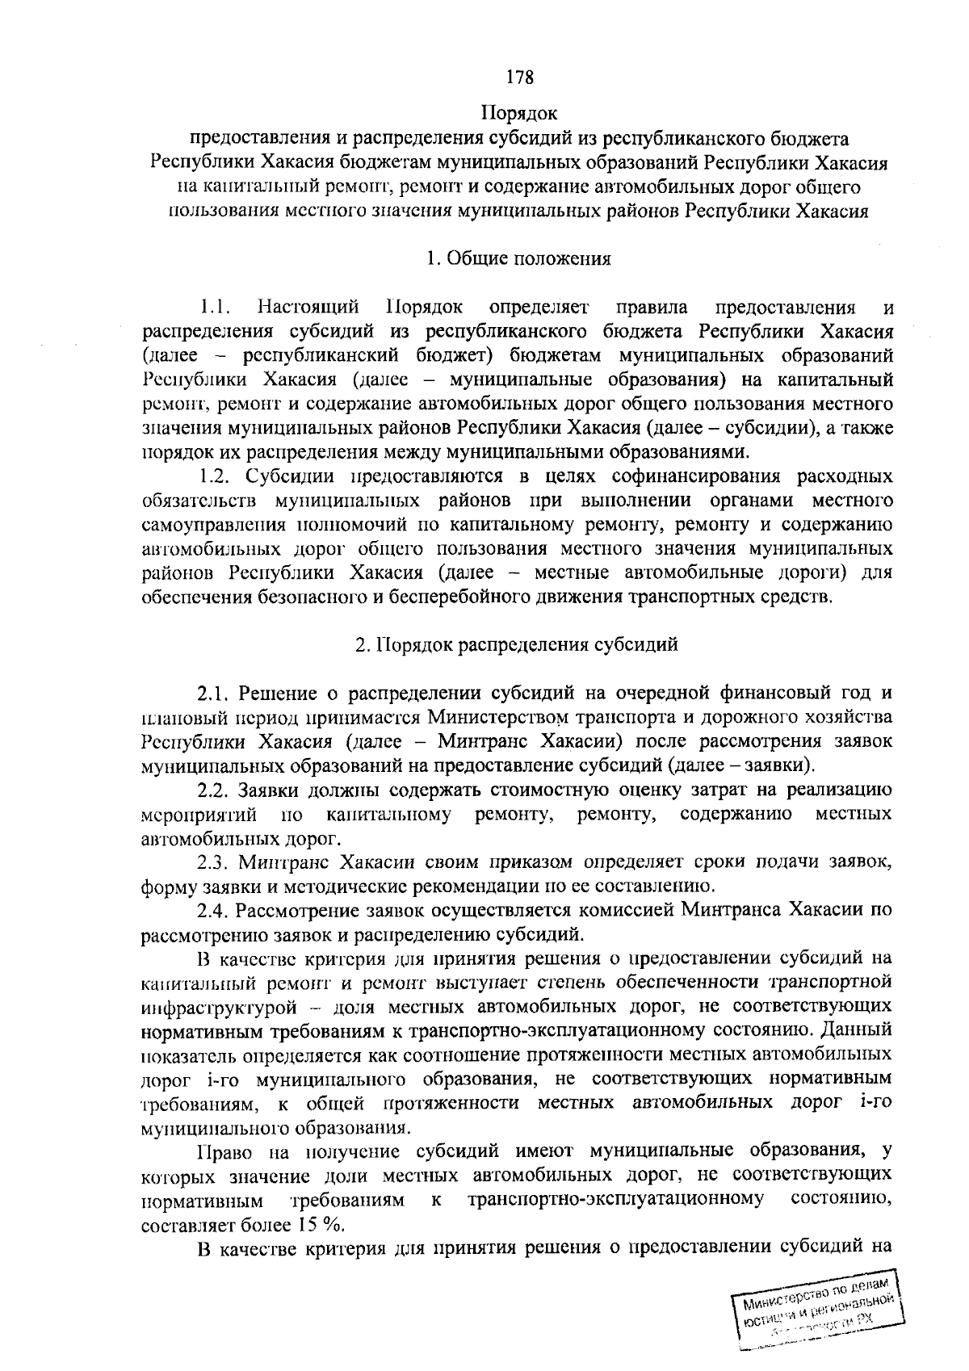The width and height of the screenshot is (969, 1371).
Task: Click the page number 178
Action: (519, 78)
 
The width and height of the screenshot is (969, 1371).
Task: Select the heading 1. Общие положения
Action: (518, 259)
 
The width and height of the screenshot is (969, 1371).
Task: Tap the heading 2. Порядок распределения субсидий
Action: (517, 645)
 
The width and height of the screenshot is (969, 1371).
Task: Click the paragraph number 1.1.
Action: (217, 308)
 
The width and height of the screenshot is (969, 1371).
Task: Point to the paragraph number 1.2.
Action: (217, 476)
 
